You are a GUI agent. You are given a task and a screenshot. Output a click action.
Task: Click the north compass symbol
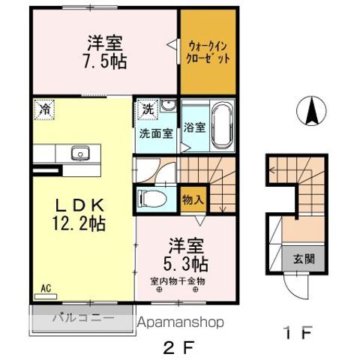[311, 110]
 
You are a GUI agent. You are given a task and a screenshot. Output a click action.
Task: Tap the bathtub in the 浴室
[223, 126]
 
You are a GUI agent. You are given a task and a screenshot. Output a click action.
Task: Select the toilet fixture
[151, 199]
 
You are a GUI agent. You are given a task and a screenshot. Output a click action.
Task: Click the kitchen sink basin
[80, 153]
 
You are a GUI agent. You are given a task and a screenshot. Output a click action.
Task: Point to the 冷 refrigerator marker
[44, 109]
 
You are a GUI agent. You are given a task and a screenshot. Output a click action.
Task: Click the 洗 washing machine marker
[148, 109]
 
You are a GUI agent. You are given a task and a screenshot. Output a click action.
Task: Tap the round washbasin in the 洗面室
[168, 106]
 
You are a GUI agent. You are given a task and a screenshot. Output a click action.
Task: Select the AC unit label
[46, 288]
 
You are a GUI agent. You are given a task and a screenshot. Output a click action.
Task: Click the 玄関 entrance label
[304, 259]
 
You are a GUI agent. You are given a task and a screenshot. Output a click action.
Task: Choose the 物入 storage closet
[193, 199]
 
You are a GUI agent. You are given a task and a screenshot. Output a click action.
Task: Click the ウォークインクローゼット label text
[208, 52]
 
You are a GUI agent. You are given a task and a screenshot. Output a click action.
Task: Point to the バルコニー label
[83, 318]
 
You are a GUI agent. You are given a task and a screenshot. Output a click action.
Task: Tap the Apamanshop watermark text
[181, 322]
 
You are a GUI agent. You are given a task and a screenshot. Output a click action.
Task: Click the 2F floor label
[178, 347]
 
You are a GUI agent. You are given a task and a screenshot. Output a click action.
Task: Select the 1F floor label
[298, 333]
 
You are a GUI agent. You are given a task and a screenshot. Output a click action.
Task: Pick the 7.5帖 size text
[105, 61]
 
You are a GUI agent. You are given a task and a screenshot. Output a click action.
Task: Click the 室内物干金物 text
[178, 281]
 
